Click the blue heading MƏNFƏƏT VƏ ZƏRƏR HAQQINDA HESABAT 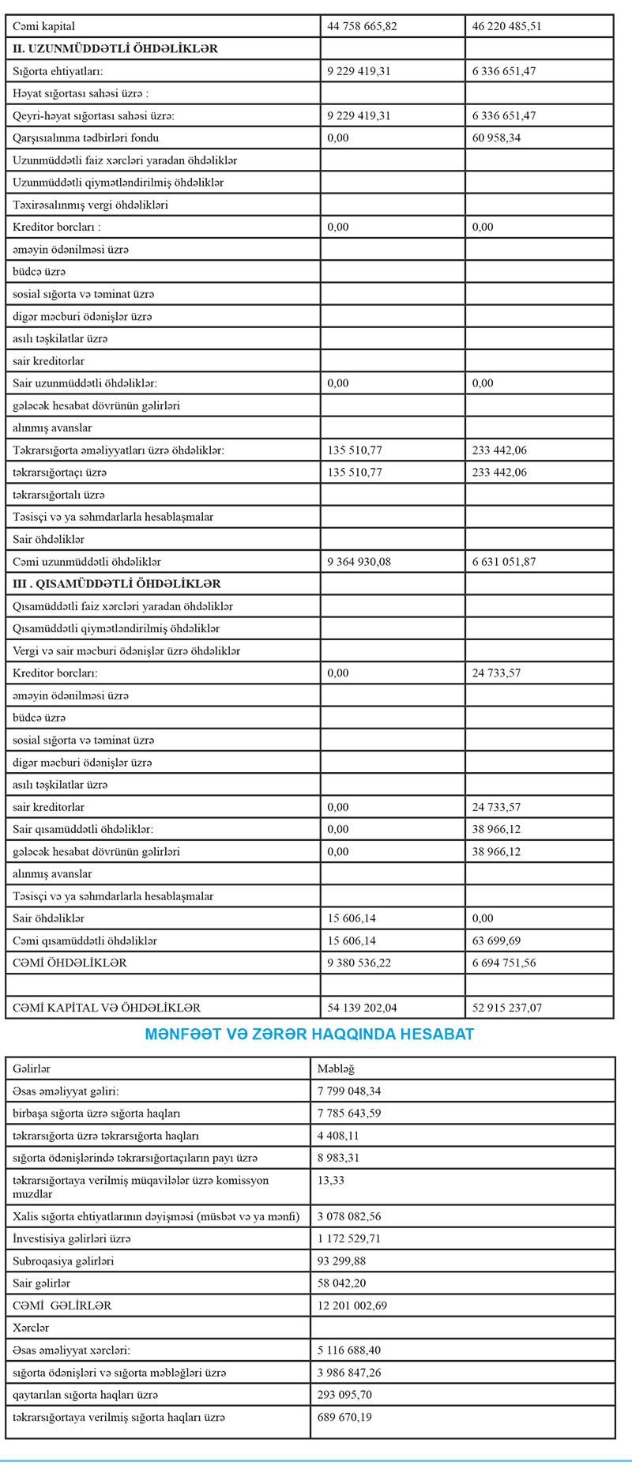310,1034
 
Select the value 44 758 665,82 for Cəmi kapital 362,26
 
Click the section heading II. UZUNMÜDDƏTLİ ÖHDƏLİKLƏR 115,48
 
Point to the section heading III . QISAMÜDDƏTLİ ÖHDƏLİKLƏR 117,584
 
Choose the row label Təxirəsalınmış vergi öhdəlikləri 90,205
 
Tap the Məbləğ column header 336,1068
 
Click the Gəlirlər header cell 32,1068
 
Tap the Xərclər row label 31,1328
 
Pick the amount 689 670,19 344,1417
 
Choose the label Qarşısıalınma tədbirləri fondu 86,138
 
